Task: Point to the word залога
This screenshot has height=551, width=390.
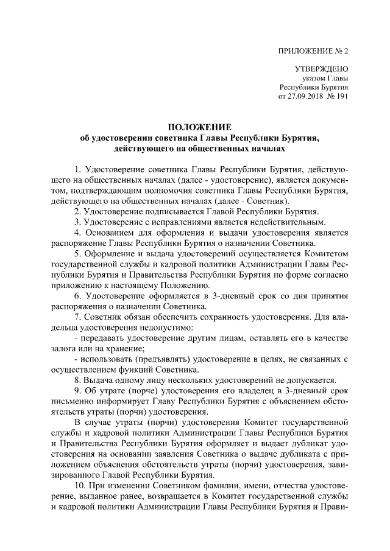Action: coord(65,349)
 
